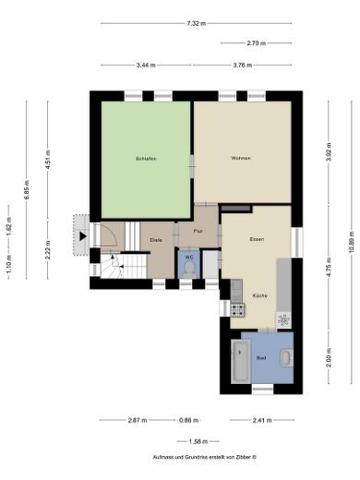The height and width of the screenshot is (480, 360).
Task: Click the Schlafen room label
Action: (x=145, y=159)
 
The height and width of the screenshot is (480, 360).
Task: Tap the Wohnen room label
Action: (x=241, y=159)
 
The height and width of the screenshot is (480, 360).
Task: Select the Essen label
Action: (x=257, y=239)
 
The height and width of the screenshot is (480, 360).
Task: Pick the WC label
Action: (x=188, y=256)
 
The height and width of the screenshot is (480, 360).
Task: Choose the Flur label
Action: (x=197, y=231)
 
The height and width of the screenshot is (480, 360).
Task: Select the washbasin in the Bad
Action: (x=286, y=359)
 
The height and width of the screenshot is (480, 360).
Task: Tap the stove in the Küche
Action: (x=237, y=310)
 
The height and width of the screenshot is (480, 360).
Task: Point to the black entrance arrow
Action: (x=83, y=235)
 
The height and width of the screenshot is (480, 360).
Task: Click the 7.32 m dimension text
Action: (x=195, y=23)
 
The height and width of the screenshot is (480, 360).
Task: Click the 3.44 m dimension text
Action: (x=146, y=65)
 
